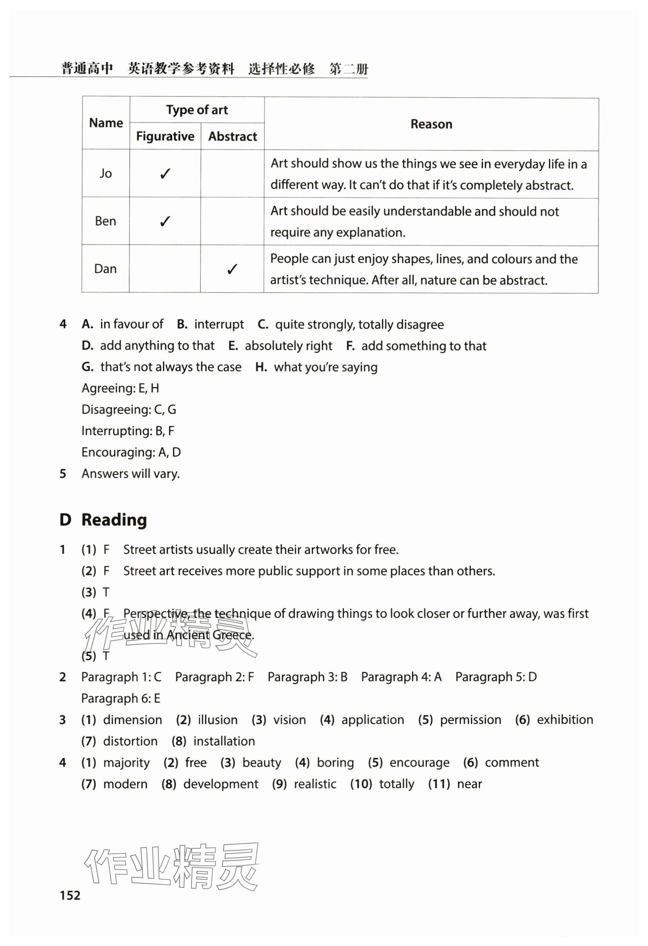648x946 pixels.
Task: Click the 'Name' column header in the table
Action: pos(106,123)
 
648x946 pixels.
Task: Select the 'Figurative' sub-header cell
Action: pos(165,136)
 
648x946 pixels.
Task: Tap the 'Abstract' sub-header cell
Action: pos(233,136)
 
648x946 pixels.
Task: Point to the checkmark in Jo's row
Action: pos(165,174)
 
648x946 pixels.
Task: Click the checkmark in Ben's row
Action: pos(165,222)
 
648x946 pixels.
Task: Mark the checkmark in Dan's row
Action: pos(232,269)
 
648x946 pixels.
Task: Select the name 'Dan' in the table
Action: pos(106,269)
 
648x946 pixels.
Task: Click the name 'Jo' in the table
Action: pos(106,173)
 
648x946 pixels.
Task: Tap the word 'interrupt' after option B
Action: pos(219,324)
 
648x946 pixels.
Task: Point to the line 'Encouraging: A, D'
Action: pos(131,452)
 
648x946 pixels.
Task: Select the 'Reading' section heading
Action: pos(114,520)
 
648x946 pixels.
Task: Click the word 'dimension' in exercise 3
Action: pos(132,720)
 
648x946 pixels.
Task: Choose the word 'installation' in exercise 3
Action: pos(224,741)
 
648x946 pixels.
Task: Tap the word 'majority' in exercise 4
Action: pos(126,762)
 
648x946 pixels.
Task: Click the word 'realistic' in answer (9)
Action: pos(315,784)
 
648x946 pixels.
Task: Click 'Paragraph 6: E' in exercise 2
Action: pos(121,698)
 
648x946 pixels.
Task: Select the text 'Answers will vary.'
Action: pos(130,474)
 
